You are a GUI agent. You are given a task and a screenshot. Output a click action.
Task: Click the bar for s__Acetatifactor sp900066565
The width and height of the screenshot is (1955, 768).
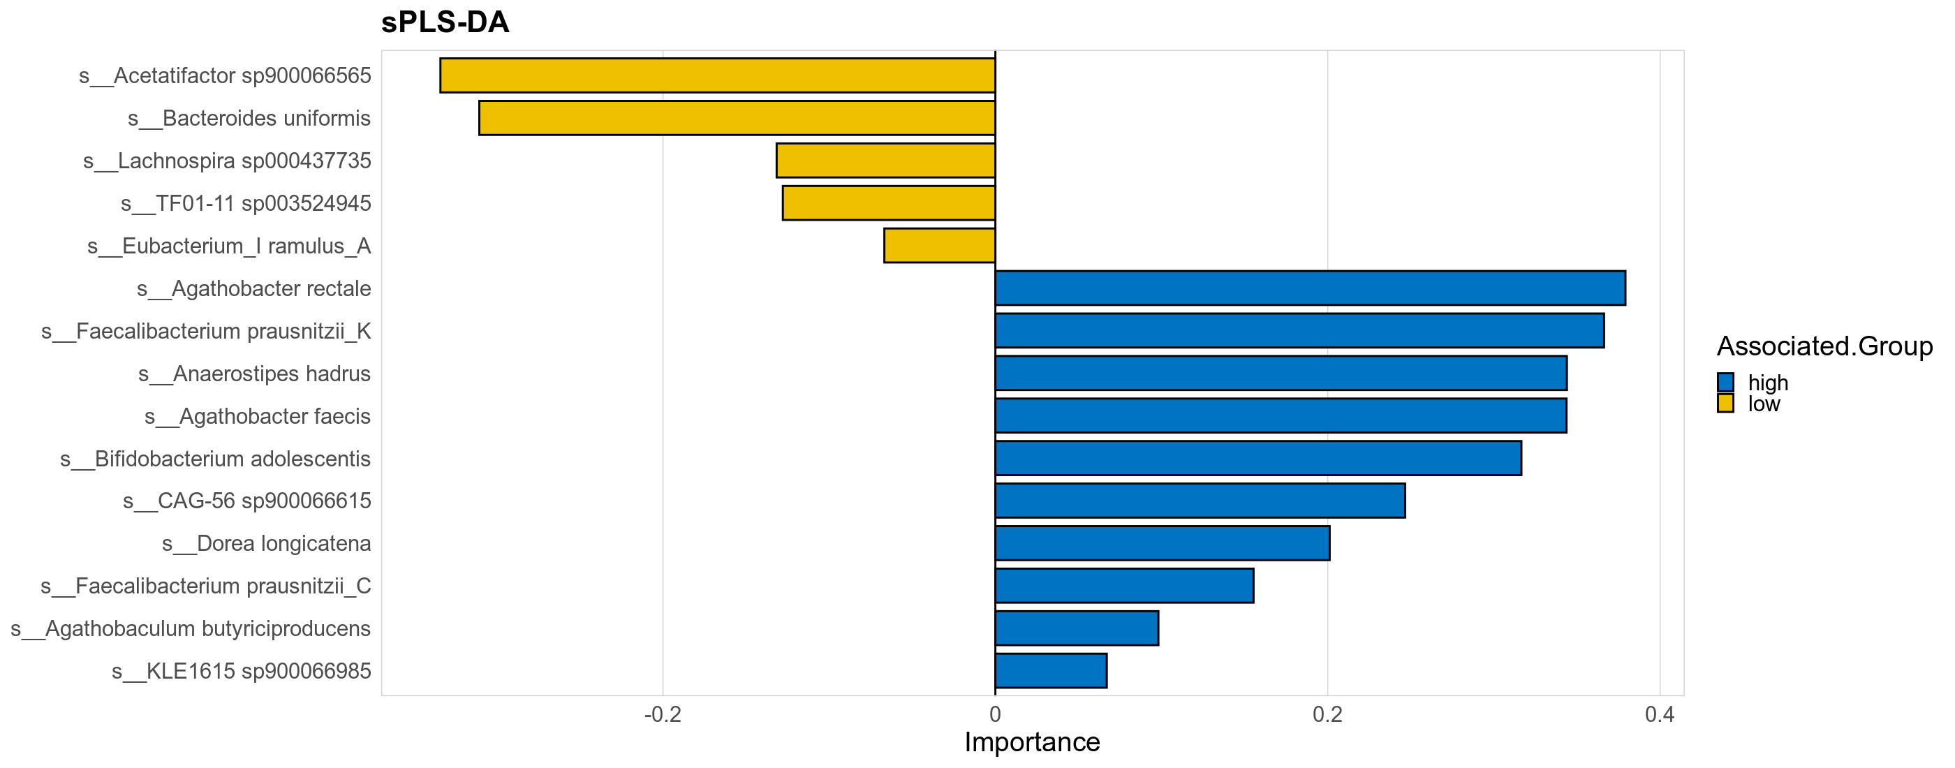tap(717, 75)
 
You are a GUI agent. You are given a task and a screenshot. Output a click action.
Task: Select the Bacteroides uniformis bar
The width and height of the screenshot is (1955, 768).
tap(736, 117)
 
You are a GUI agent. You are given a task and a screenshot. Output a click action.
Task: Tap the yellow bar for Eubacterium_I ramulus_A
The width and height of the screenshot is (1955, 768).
tap(939, 245)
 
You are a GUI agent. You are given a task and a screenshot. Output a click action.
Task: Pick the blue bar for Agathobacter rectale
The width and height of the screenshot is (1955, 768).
tap(1310, 288)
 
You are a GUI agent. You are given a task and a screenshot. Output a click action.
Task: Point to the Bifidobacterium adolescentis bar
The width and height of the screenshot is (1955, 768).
tap(1257, 457)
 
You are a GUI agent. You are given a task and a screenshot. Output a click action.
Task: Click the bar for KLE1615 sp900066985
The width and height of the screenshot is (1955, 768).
tap(1050, 670)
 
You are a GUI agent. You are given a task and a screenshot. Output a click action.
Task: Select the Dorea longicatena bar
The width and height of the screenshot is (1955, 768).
tap(1162, 542)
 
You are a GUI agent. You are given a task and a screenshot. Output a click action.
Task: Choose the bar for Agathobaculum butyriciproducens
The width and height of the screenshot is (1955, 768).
tap(1076, 628)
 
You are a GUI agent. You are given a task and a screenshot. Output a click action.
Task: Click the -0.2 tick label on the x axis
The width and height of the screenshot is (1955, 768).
tap(662, 714)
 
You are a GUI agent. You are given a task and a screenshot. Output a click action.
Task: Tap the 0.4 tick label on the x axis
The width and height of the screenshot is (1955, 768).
tap(1659, 714)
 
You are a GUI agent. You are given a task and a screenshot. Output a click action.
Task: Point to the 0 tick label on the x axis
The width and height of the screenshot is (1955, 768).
tap(994, 714)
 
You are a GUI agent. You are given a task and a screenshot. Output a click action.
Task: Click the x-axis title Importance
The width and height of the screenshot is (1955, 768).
tap(1031, 742)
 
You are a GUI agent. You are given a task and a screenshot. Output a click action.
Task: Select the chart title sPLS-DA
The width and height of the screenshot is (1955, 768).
tap(445, 22)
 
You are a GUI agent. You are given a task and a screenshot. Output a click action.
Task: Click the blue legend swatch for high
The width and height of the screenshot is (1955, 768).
tap(1725, 382)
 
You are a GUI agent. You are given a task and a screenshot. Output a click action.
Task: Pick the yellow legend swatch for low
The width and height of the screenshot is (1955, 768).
tap(1725, 403)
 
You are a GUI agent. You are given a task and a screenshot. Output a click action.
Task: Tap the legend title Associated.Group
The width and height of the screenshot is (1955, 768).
tap(1824, 346)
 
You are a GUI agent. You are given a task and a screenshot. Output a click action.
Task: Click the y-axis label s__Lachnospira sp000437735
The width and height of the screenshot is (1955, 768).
tap(227, 161)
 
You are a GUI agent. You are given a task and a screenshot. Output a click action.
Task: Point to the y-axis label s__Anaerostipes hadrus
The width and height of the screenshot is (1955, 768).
tap(254, 374)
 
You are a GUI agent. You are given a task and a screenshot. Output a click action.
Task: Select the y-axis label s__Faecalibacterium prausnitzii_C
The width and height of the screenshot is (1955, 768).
tap(206, 586)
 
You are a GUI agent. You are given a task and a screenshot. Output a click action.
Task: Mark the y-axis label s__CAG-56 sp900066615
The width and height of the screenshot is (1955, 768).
tap(246, 501)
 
